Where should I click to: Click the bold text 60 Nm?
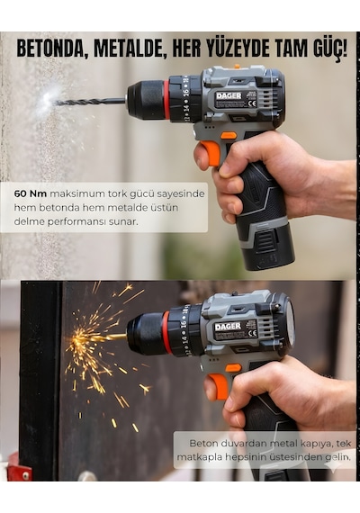pyautogui.click(x=30, y=193)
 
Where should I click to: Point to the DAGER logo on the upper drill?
pyautogui.click(x=229, y=96)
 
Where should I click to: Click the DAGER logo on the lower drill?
pyautogui.click(x=228, y=326)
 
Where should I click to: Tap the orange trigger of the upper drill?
pyautogui.click(x=209, y=155)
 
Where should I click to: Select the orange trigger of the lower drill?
pyautogui.click(x=218, y=387)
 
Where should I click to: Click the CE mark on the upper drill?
pyautogui.click(x=252, y=104)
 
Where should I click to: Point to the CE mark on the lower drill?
pyautogui.click(x=253, y=335)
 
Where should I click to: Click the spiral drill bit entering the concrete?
pyautogui.click(x=90, y=102)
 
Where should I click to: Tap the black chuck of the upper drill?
pyautogui.click(x=146, y=100)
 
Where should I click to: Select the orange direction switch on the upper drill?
pyautogui.click(x=229, y=135)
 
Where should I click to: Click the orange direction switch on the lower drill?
pyautogui.click(x=233, y=367)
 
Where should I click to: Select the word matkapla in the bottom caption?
pyautogui.click(x=200, y=457)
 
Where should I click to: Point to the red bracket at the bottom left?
pyautogui.click(x=19, y=467)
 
